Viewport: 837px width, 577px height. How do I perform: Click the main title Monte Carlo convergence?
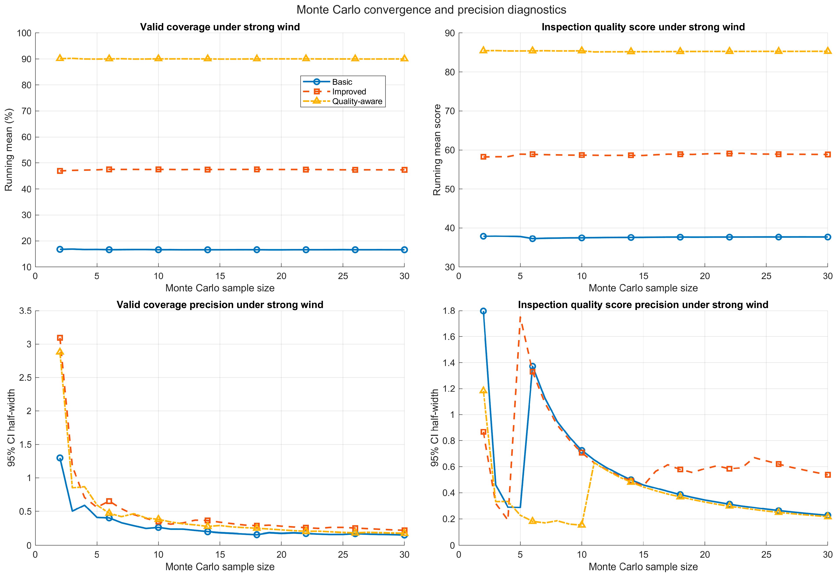tap(431, 10)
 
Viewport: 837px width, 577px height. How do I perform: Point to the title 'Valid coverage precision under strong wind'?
tap(220, 305)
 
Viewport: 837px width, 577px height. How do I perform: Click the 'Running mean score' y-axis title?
tap(437, 150)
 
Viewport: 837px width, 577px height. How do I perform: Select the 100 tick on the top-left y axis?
tap(24, 33)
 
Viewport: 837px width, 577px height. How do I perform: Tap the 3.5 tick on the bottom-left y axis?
tap(25, 311)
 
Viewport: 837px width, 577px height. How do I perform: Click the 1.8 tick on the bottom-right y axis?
tap(449, 311)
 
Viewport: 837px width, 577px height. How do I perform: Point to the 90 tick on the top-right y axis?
tap(450, 33)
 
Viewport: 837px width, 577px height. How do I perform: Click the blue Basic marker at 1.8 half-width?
tap(483, 311)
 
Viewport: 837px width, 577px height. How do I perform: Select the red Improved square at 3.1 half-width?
tap(60, 338)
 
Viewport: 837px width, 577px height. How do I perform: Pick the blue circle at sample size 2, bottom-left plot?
tap(60, 458)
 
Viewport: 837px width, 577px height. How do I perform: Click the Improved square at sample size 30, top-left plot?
tap(404, 170)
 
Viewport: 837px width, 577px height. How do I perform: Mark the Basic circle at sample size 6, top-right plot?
tap(532, 239)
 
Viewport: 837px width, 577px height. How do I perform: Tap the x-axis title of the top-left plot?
tap(220, 288)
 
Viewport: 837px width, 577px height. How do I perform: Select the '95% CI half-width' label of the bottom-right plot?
tap(435, 428)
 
